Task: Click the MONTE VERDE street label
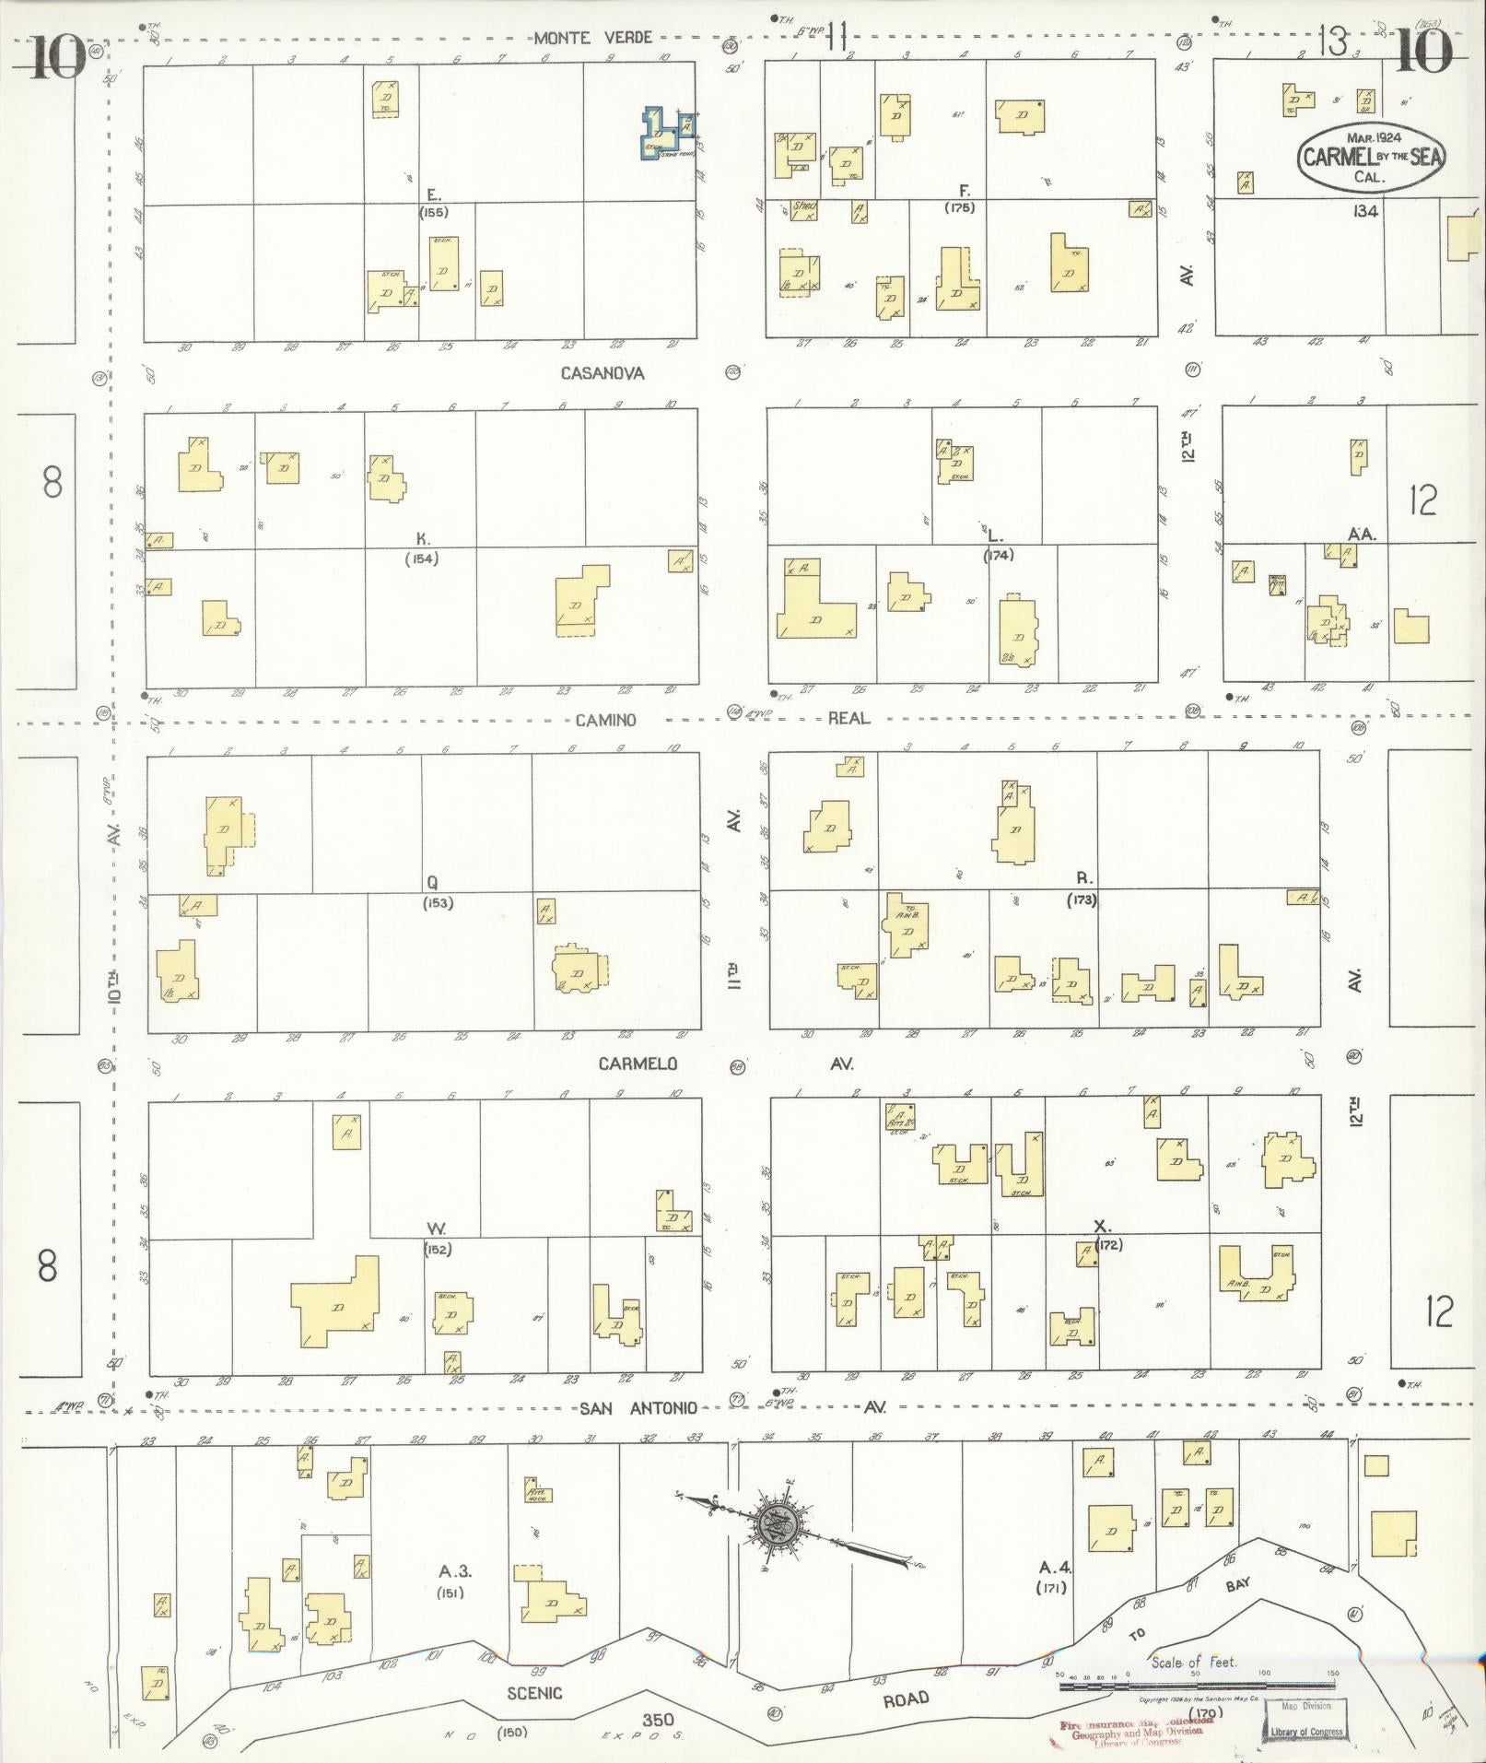coord(593,38)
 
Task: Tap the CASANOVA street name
coord(603,373)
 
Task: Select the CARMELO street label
coord(638,1064)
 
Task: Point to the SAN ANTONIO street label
coord(638,1408)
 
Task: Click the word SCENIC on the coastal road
coord(533,1693)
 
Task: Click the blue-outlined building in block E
coord(668,133)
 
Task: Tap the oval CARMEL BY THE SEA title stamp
coord(1372,158)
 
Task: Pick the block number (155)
coord(433,212)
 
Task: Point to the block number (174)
coord(997,555)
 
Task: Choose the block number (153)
coord(438,903)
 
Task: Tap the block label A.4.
coord(1052,1566)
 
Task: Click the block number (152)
coord(438,1250)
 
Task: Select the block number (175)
coord(959,207)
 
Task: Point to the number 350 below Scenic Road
coord(659,1719)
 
